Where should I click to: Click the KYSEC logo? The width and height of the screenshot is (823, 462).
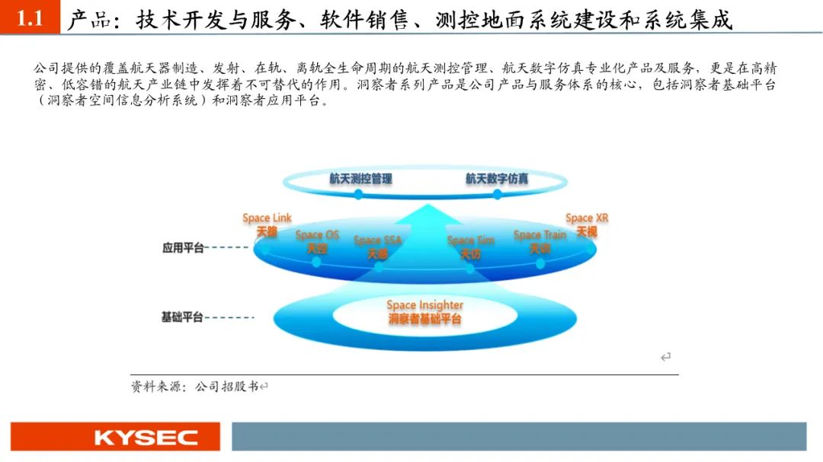114,437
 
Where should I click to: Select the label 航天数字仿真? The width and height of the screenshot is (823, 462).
497,179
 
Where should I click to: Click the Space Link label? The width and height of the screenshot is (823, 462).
267,218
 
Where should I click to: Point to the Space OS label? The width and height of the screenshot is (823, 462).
317,235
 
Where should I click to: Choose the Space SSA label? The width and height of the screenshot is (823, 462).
377,241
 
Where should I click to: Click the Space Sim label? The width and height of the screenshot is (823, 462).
470,241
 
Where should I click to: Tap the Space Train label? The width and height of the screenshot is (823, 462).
540,235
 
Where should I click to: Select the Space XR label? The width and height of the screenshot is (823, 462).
587,218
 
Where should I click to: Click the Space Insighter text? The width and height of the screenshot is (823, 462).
424,305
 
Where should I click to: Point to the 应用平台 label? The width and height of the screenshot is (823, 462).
182,247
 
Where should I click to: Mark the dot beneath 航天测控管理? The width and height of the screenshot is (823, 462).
358,194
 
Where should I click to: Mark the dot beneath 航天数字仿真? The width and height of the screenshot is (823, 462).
497,194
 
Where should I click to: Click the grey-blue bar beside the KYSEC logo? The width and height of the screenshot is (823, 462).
518,437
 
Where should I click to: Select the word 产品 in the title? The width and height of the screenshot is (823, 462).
89,20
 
